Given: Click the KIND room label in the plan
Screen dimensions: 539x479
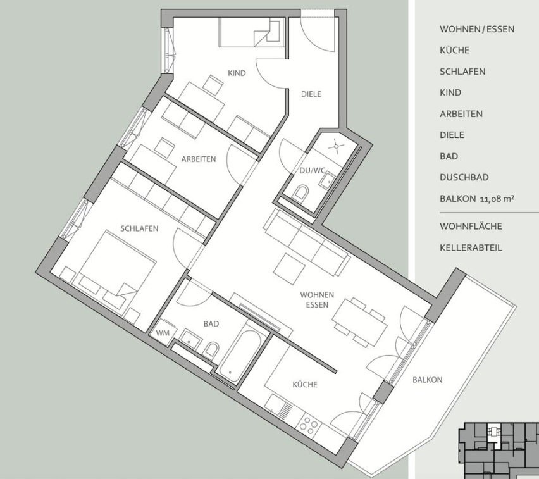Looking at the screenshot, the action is pyautogui.click(x=237, y=73).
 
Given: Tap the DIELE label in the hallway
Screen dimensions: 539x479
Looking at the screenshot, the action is pyautogui.click(x=311, y=94).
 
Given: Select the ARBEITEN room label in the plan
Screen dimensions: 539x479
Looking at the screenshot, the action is pyautogui.click(x=199, y=159).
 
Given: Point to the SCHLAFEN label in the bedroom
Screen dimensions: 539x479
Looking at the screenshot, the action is pyautogui.click(x=139, y=228).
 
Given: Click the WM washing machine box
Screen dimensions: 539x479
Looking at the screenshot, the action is pyautogui.click(x=163, y=332).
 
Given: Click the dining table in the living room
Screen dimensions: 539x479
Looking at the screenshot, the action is pyautogui.click(x=359, y=322).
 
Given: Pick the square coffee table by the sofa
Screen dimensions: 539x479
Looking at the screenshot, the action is pyautogui.click(x=290, y=270).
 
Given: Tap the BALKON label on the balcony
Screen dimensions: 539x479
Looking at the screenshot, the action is pyautogui.click(x=427, y=380).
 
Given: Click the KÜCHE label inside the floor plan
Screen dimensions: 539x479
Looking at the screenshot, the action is pyautogui.click(x=305, y=385).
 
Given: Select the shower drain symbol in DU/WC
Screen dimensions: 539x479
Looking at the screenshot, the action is pyautogui.click(x=336, y=147).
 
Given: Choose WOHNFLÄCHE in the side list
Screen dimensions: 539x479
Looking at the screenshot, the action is pyautogui.click(x=471, y=227).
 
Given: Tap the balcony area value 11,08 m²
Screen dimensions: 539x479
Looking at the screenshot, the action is pyautogui.click(x=497, y=199).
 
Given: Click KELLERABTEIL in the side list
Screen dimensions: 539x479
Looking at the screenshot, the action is pyautogui.click(x=471, y=247).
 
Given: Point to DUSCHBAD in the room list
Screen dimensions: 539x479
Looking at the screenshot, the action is pyautogui.click(x=464, y=177).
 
